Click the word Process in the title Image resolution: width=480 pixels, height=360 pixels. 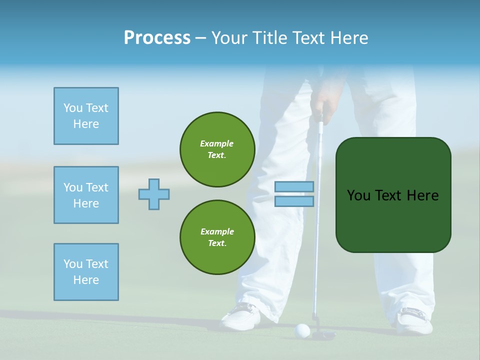click(x=157, y=38)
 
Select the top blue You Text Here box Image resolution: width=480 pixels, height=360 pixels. click(x=86, y=116)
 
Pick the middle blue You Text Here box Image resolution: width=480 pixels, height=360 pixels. click(x=86, y=195)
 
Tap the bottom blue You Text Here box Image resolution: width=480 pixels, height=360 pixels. click(x=86, y=272)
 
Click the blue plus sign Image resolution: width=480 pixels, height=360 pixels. click(x=154, y=194)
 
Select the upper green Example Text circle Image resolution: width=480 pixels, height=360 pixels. click(x=217, y=149)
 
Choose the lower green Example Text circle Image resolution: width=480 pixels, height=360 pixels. click(x=217, y=237)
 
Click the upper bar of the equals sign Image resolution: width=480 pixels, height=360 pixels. click(x=294, y=187)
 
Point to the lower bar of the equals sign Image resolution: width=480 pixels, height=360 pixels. click(x=294, y=201)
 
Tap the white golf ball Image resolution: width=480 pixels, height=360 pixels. click(x=302, y=329)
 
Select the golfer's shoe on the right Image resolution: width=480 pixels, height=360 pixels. click(x=414, y=320)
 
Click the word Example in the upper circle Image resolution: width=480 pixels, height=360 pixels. click(x=217, y=143)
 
